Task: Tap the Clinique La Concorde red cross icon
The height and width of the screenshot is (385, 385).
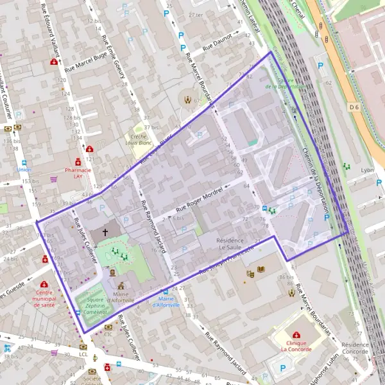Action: coord(296,335)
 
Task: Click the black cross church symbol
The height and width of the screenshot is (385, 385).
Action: coord(105,232)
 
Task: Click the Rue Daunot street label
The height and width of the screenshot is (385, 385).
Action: coord(217,44)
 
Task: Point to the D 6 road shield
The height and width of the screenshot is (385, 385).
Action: coord(355,106)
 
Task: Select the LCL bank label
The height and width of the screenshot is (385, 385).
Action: coord(83,354)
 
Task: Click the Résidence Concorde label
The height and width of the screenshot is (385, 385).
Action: coord(355,348)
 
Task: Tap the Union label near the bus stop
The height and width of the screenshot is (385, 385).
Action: coord(24,171)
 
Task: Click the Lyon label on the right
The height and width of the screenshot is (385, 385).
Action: coord(368,171)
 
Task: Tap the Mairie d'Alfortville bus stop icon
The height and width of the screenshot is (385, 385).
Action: coord(165,293)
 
